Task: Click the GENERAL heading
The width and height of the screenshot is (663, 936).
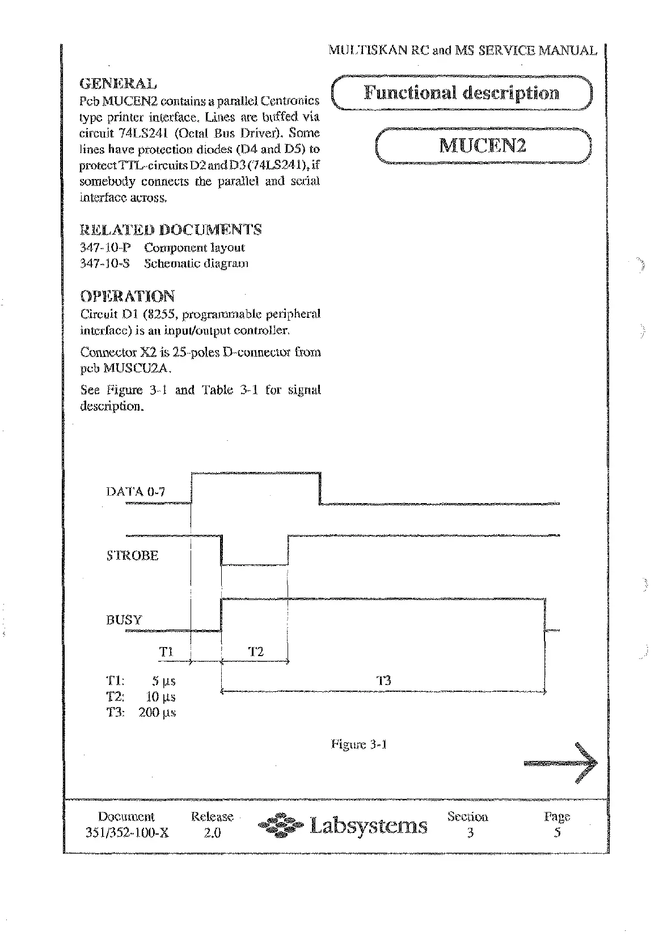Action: (117, 84)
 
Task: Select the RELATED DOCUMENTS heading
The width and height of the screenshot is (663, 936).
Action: (170, 230)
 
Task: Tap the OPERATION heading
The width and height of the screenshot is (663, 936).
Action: (127, 296)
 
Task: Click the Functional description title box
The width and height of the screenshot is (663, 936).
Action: (461, 93)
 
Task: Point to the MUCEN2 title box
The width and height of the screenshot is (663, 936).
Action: (483, 146)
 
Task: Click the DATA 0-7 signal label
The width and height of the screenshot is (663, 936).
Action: (136, 491)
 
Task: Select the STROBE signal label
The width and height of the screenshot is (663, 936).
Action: (132, 556)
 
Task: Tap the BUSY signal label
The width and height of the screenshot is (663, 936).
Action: (124, 620)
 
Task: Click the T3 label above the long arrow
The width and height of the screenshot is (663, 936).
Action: (384, 680)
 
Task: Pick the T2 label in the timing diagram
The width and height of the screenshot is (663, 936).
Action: (256, 652)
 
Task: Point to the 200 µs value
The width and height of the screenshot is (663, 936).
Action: (157, 713)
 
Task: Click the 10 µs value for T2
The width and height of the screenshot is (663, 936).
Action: (161, 697)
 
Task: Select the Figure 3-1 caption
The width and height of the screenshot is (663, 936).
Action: (358, 744)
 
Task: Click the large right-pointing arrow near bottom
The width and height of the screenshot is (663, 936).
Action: (561, 763)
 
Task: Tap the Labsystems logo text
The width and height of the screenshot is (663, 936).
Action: (368, 826)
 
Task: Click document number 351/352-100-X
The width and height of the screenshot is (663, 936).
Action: (126, 833)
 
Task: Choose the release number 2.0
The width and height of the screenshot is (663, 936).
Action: (212, 833)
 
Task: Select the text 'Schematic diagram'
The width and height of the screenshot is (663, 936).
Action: (196, 263)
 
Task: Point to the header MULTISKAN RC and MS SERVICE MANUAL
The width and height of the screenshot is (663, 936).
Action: (463, 51)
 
